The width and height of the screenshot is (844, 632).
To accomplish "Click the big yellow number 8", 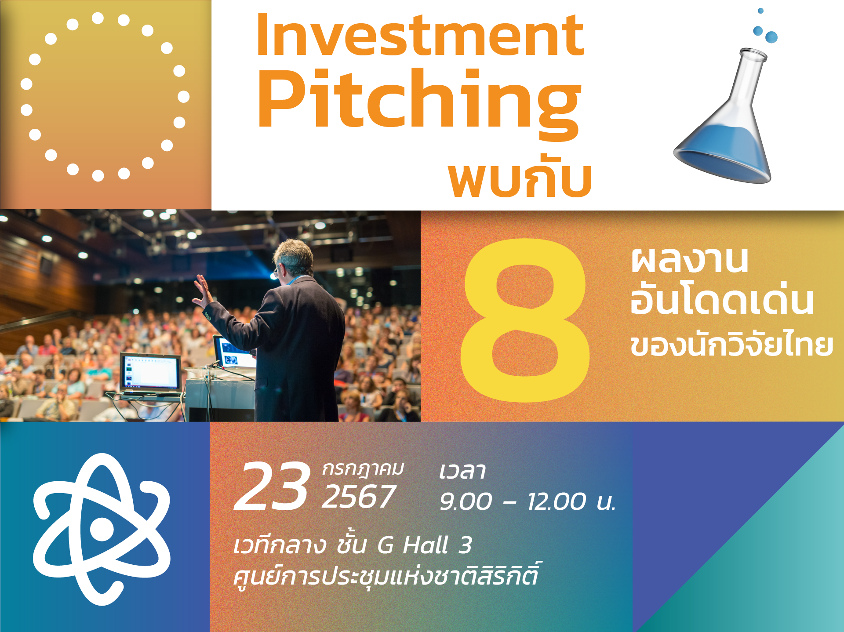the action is tap(525, 320).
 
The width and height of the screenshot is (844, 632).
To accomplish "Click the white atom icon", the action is tap(102, 529).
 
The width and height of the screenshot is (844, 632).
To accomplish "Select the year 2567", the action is tap(359, 497).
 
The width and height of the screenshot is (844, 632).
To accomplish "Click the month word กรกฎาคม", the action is tap(363, 469).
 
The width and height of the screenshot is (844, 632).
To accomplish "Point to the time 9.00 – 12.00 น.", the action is tap(527, 501).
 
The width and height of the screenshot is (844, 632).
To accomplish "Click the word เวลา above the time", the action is tap(462, 471).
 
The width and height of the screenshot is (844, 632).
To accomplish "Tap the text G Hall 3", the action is tap(425, 545).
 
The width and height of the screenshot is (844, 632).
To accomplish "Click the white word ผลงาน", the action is tap(689, 260).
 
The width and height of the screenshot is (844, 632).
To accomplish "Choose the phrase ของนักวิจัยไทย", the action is tap(731, 345).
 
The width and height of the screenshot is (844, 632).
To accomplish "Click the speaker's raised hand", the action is tap(202, 291).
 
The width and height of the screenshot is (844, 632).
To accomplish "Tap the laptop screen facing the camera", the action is tap(150, 372).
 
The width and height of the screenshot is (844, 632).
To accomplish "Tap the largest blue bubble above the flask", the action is tap(771, 37).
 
